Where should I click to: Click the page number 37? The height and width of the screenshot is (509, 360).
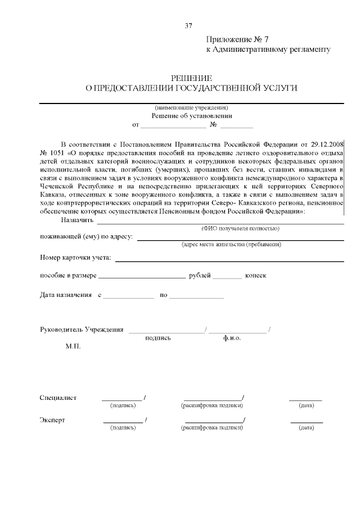point(188,25)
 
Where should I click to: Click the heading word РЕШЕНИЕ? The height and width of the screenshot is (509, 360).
point(191,78)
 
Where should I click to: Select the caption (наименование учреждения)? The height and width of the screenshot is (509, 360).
point(191,107)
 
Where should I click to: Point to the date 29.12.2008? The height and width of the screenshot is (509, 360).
point(324,144)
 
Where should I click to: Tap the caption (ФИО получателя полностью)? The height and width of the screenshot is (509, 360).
point(240,228)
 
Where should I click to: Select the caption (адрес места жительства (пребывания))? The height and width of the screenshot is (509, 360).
point(231,245)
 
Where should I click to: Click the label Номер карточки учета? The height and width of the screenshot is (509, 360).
point(75,259)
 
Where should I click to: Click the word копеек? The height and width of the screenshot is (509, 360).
point(255,276)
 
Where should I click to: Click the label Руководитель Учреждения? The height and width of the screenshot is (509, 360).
point(82,330)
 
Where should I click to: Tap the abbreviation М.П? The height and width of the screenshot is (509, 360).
point(73,346)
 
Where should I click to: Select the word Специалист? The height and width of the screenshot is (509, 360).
point(58,398)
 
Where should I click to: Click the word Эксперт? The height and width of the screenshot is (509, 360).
point(52,420)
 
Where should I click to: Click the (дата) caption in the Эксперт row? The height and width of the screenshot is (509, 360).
point(307,428)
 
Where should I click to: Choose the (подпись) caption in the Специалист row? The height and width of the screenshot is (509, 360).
point(123,405)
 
